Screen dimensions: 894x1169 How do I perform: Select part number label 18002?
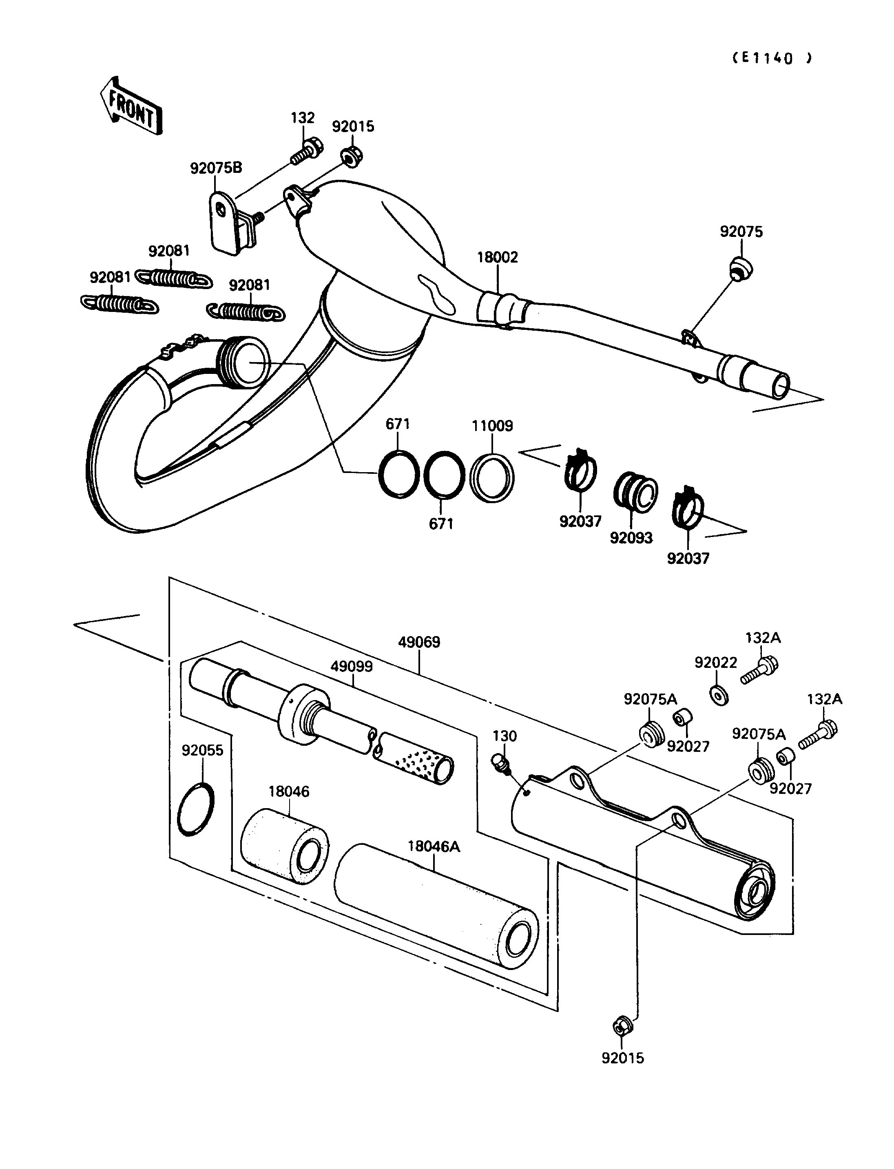[x=497, y=258]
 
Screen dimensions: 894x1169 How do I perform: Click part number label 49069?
[x=419, y=642]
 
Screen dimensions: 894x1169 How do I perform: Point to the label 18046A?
[x=434, y=846]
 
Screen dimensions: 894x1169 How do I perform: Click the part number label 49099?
[x=352, y=667]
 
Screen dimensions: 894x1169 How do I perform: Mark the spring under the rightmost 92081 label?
[x=246, y=312]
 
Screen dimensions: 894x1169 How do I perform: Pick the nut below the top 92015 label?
[x=350, y=157]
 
